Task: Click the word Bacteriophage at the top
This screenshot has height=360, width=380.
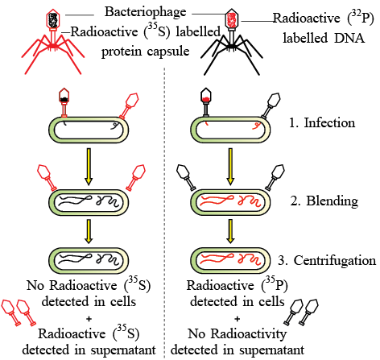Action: [146, 12]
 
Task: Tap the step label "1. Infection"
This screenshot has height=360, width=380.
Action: [322, 123]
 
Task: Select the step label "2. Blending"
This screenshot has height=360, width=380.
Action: [324, 201]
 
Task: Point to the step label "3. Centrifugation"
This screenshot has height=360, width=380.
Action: [327, 261]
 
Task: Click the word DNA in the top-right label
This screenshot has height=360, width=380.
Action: [349, 38]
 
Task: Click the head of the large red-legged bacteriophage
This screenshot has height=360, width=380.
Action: [53, 19]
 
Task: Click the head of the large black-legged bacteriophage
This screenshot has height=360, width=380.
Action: [231, 19]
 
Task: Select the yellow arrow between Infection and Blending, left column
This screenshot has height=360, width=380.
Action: [89, 167]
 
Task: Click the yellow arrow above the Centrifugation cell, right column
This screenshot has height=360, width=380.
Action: [230, 231]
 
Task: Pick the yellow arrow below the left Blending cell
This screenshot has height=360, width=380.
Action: [89, 231]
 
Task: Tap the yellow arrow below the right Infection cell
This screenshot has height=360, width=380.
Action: [230, 167]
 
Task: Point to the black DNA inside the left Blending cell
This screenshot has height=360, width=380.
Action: [88, 201]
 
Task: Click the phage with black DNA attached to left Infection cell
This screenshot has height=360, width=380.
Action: [64, 102]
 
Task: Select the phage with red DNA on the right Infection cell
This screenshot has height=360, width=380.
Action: [206, 102]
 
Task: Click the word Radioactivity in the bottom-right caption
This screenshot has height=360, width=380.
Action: [249, 334]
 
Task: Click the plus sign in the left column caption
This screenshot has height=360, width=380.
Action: [89, 319]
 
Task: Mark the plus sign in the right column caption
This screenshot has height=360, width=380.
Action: [237, 319]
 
